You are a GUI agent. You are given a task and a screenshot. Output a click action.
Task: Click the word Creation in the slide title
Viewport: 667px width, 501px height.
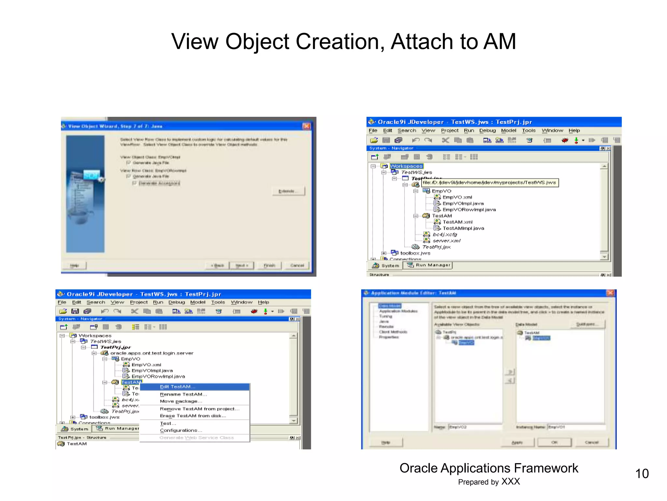click(x=339, y=42)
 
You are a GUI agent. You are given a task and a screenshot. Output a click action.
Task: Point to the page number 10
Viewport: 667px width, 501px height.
click(x=642, y=474)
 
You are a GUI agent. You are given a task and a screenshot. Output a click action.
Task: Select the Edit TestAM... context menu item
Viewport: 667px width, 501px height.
click(x=177, y=387)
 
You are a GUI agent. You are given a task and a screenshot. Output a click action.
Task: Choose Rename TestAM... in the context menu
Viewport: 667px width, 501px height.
click(x=183, y=394)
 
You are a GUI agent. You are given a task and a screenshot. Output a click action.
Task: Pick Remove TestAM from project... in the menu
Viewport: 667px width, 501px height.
click(x=199, y=409)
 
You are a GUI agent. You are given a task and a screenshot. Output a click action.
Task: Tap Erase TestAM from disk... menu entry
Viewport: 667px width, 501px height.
click(x=193, y=416)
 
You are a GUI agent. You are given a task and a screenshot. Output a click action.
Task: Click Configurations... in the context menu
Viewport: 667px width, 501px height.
click(x=181, y=430)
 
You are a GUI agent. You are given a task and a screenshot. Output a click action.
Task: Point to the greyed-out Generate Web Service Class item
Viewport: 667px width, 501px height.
click(x=196, y=438)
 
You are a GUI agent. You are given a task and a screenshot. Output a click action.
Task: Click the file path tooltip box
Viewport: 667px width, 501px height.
click(x=490, y=183)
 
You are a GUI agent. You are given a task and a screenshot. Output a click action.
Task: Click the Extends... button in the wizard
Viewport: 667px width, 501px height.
click(x=288, y=191)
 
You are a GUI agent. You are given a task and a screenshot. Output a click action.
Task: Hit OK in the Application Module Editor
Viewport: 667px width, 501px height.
click(x=554, y=442)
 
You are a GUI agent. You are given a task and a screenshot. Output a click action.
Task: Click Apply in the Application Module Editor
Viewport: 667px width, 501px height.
click(x=517, y=442)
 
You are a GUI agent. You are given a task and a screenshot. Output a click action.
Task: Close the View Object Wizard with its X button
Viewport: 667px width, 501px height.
click(x=306, y=126)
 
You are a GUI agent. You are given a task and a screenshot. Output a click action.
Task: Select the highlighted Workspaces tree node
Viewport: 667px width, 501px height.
click(x=406, y=166)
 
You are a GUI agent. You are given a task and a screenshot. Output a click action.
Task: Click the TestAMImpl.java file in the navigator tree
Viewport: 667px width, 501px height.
click(x=463, y=228)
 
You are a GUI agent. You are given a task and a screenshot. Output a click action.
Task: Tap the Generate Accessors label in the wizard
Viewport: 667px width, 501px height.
click(x=159, y=183)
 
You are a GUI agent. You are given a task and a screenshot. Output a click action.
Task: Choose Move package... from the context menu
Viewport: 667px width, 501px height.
click(x=181, y=402)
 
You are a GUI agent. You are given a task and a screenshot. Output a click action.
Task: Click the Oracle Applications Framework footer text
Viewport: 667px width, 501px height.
click(x=489, y=468)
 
